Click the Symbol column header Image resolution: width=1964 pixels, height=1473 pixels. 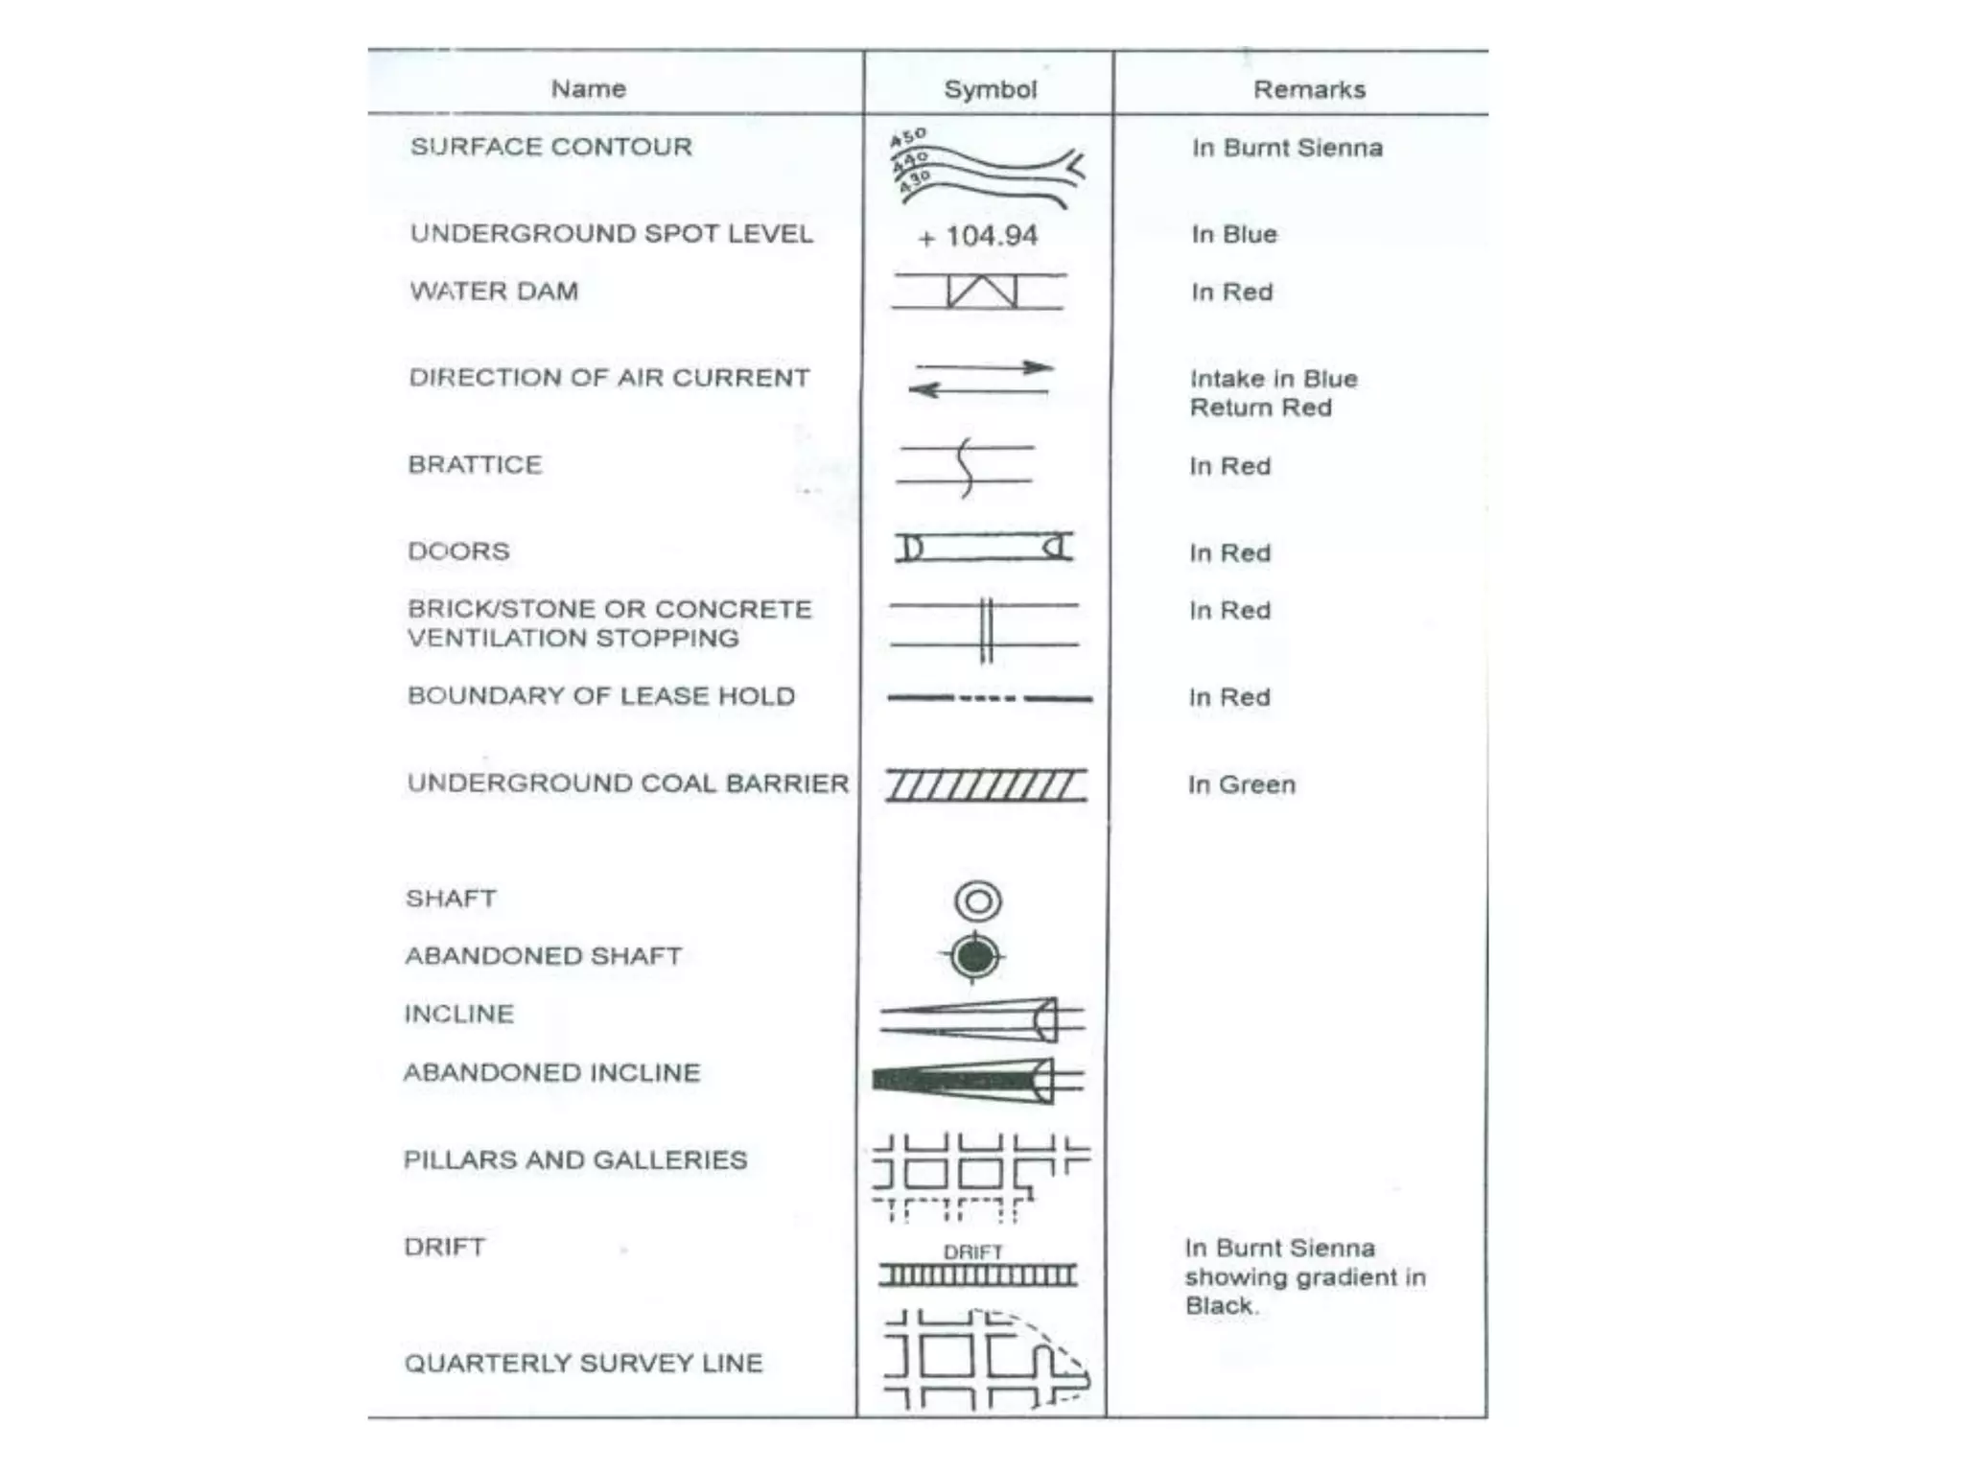coord(990,89)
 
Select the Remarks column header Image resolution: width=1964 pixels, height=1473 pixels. coord(1309,89)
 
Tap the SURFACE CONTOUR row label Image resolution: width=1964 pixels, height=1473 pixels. coord(550,147)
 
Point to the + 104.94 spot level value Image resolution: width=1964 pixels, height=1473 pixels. coord(978,236)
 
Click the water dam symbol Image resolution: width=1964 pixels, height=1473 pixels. coord(980,292)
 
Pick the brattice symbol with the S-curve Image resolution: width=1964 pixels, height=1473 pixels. coord(967,466)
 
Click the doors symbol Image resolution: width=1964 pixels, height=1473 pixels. coord(984,548)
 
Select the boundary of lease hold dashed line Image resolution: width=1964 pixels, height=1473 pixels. coord(990,698)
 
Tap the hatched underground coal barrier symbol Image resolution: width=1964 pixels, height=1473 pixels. coord(986,785)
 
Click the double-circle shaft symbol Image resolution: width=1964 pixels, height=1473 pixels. coord(978,901)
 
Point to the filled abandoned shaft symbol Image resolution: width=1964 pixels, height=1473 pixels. coord(974,957)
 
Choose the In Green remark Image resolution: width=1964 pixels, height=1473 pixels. coord(1241,784)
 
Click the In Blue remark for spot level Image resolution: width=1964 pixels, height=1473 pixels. coord(1234,235)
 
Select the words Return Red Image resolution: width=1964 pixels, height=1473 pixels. coord(1260,408)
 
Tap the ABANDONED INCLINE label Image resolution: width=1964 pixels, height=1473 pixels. coord(551,1072)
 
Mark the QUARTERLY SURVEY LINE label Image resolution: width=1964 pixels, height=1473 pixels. coord(583,1363)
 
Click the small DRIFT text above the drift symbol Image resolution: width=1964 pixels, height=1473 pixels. coord(972,1251)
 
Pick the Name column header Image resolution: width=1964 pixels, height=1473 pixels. coord(588,89)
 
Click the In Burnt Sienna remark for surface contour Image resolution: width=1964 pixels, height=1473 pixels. coord(1287,148)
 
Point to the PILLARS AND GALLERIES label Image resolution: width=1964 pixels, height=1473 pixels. coord(574,1159)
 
